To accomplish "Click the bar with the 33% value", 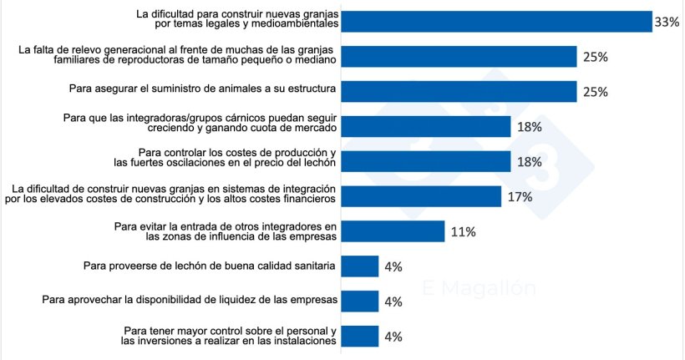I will point(497,22).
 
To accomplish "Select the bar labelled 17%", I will point(422,196).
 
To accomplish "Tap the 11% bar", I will point(393,231).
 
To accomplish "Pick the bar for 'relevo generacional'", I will point(459,57).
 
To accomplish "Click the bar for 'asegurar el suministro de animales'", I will point(459,92).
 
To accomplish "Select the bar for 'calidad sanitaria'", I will point(361,266).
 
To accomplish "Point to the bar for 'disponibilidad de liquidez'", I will point(361,301).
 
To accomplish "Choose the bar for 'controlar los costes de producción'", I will point(427,161).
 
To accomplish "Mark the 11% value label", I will point(463,232).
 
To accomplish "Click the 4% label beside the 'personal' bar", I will point(392,337).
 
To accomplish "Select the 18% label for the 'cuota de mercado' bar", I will point(530,127).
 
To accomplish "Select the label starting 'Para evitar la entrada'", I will point(226,231).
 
